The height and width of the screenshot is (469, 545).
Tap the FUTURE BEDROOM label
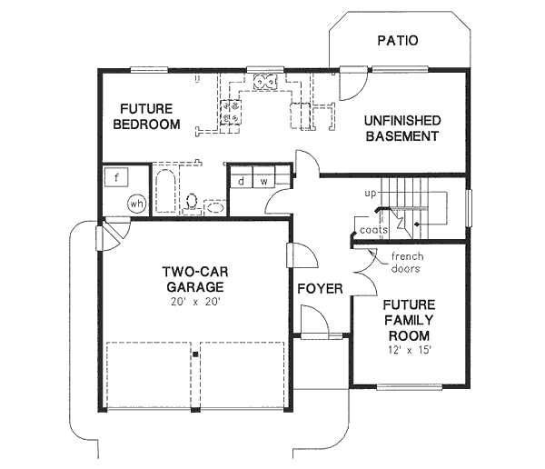coord(145,116)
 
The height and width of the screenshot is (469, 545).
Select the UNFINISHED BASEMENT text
coord(401,128)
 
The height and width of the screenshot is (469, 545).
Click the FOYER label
coord(320,289)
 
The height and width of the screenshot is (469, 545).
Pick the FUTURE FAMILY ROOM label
coord(408,320)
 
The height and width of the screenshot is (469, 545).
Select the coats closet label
coord(373,230)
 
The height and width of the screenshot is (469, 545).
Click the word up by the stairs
coord(370,195)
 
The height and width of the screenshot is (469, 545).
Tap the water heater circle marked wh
coord(137,203)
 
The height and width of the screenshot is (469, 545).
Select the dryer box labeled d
coord(241,181)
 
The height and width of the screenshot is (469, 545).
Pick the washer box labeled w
coord(264,181)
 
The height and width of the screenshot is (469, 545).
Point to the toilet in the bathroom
coord(192,201)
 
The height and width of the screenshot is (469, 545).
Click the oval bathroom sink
coord(214,208)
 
